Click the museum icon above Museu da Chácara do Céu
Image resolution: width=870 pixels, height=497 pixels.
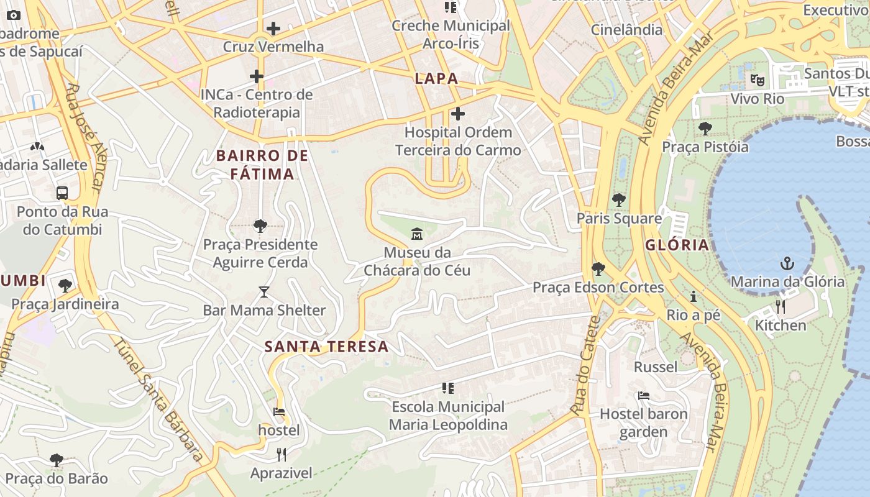(x=416, y=234)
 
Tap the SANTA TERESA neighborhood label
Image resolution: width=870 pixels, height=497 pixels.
(x=327, y=347)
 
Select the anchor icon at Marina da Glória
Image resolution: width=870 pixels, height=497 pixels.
(x=787, y=263)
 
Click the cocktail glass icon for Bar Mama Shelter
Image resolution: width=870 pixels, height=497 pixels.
(x=264, y=291)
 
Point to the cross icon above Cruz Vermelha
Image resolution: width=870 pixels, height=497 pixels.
(x=273, y=29)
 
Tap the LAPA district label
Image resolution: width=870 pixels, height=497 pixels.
(x=436, y=79)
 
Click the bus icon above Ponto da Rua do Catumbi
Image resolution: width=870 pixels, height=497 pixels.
(x=62, y=193)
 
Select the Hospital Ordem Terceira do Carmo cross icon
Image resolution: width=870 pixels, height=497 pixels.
(x=458, y=114)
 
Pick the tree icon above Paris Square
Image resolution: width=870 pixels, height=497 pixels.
(x=618, y=200)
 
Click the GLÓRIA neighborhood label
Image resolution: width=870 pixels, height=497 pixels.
(x=677, y=245)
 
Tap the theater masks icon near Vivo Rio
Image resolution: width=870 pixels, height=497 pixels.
(x=757, y=80)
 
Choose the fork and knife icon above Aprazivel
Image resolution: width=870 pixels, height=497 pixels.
(x=282, y=455)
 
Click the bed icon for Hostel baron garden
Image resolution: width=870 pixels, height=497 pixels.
(x=644, y=396)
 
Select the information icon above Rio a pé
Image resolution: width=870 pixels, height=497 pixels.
(x=694, y=296)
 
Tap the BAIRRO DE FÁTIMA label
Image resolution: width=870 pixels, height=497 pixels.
(x=262, y=165)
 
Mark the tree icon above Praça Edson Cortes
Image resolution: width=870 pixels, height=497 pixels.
(x=598, y=268)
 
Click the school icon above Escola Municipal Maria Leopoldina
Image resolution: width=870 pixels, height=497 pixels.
(x=448, y=388)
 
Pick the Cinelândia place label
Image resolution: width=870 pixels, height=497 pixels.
(x=626, y=29)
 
